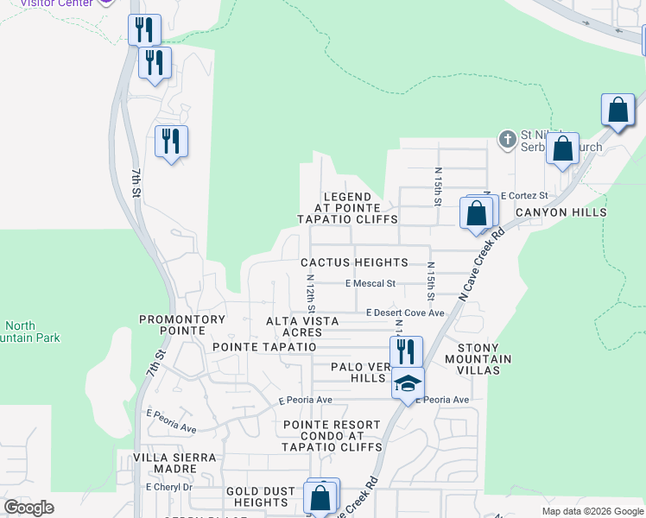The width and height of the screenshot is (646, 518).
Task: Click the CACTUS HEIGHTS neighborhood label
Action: [x=354, y=262]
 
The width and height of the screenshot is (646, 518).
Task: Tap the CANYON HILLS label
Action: [x=560, y=212]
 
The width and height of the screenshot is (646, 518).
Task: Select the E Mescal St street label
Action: [x=370, y=283]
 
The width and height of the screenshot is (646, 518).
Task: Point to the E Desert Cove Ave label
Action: [x=404, y=313]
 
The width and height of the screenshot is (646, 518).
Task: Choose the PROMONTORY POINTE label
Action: [x=182, y=319]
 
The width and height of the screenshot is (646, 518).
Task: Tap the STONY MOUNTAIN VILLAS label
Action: [x=478, y=364]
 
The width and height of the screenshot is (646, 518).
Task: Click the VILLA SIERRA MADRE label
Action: [x=173, y=464]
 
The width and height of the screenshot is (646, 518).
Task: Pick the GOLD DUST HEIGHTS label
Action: [x=256, y=496]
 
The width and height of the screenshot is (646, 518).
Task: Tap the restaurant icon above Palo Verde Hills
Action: [x=406, y=351]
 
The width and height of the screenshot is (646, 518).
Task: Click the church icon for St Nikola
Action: [x=507, y=138]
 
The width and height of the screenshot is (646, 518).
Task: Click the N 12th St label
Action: [x=310, y=294]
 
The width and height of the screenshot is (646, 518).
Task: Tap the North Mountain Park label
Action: [x=30, y=332]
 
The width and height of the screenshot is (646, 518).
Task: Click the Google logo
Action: [x=29, y=507]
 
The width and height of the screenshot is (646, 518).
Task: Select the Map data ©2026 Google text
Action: [x=592, y=511]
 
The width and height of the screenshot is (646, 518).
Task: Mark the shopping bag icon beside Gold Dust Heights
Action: [x=320, y=498]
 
